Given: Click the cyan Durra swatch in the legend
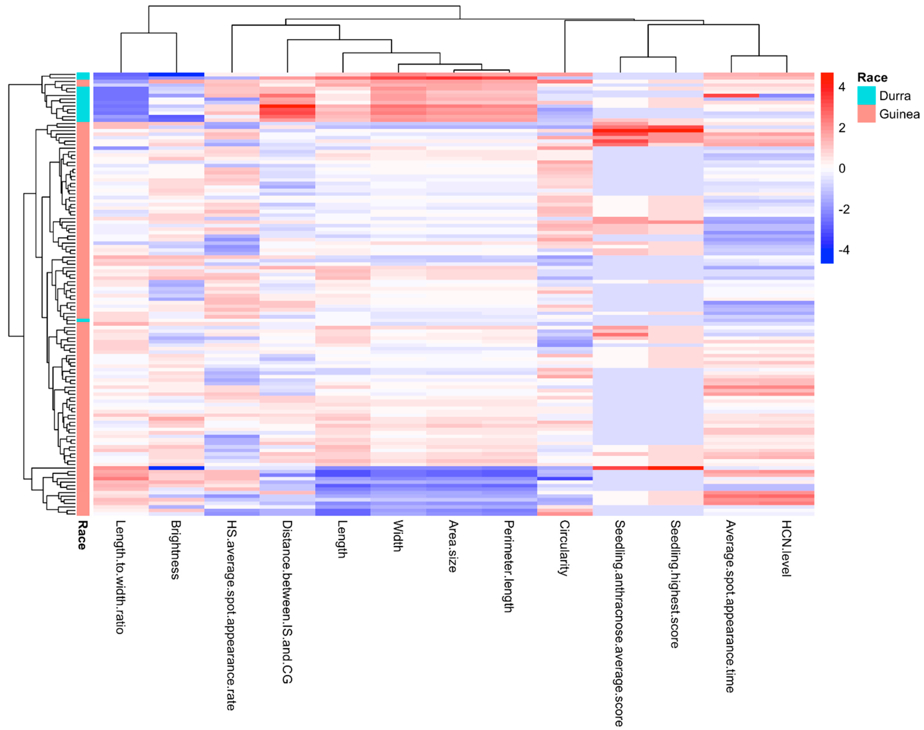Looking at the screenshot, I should (866, 96).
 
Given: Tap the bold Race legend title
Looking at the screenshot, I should (872, 78).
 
